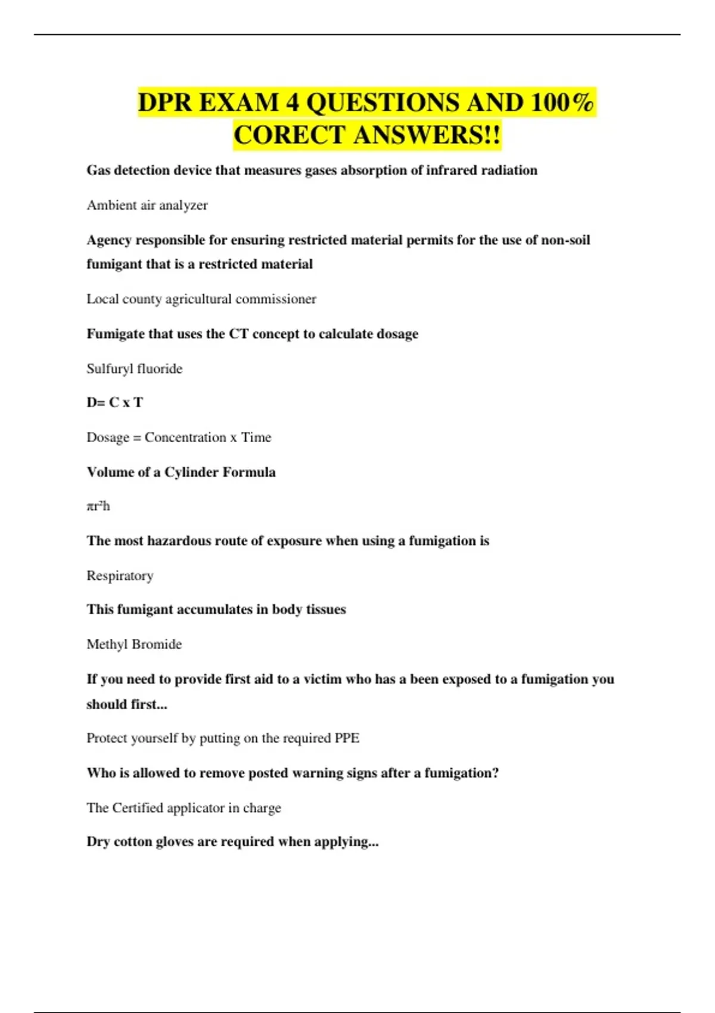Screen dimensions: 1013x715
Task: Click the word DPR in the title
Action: tap(165, 102)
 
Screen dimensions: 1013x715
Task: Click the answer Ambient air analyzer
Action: tap(147, 205)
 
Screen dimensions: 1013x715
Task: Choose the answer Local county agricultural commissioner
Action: tap(201, 299)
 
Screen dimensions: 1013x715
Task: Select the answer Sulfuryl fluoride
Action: tap(135, 369)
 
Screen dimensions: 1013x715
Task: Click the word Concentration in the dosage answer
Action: tap(185, 437)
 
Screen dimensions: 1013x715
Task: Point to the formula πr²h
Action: tap(98, 506)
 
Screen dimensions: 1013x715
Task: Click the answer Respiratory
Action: tap(120, 576)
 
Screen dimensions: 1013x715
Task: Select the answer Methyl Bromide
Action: tap(134, 645)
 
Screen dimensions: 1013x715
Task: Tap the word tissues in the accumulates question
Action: tap(325, 610)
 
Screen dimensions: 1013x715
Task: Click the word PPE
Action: tap(347, 738)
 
